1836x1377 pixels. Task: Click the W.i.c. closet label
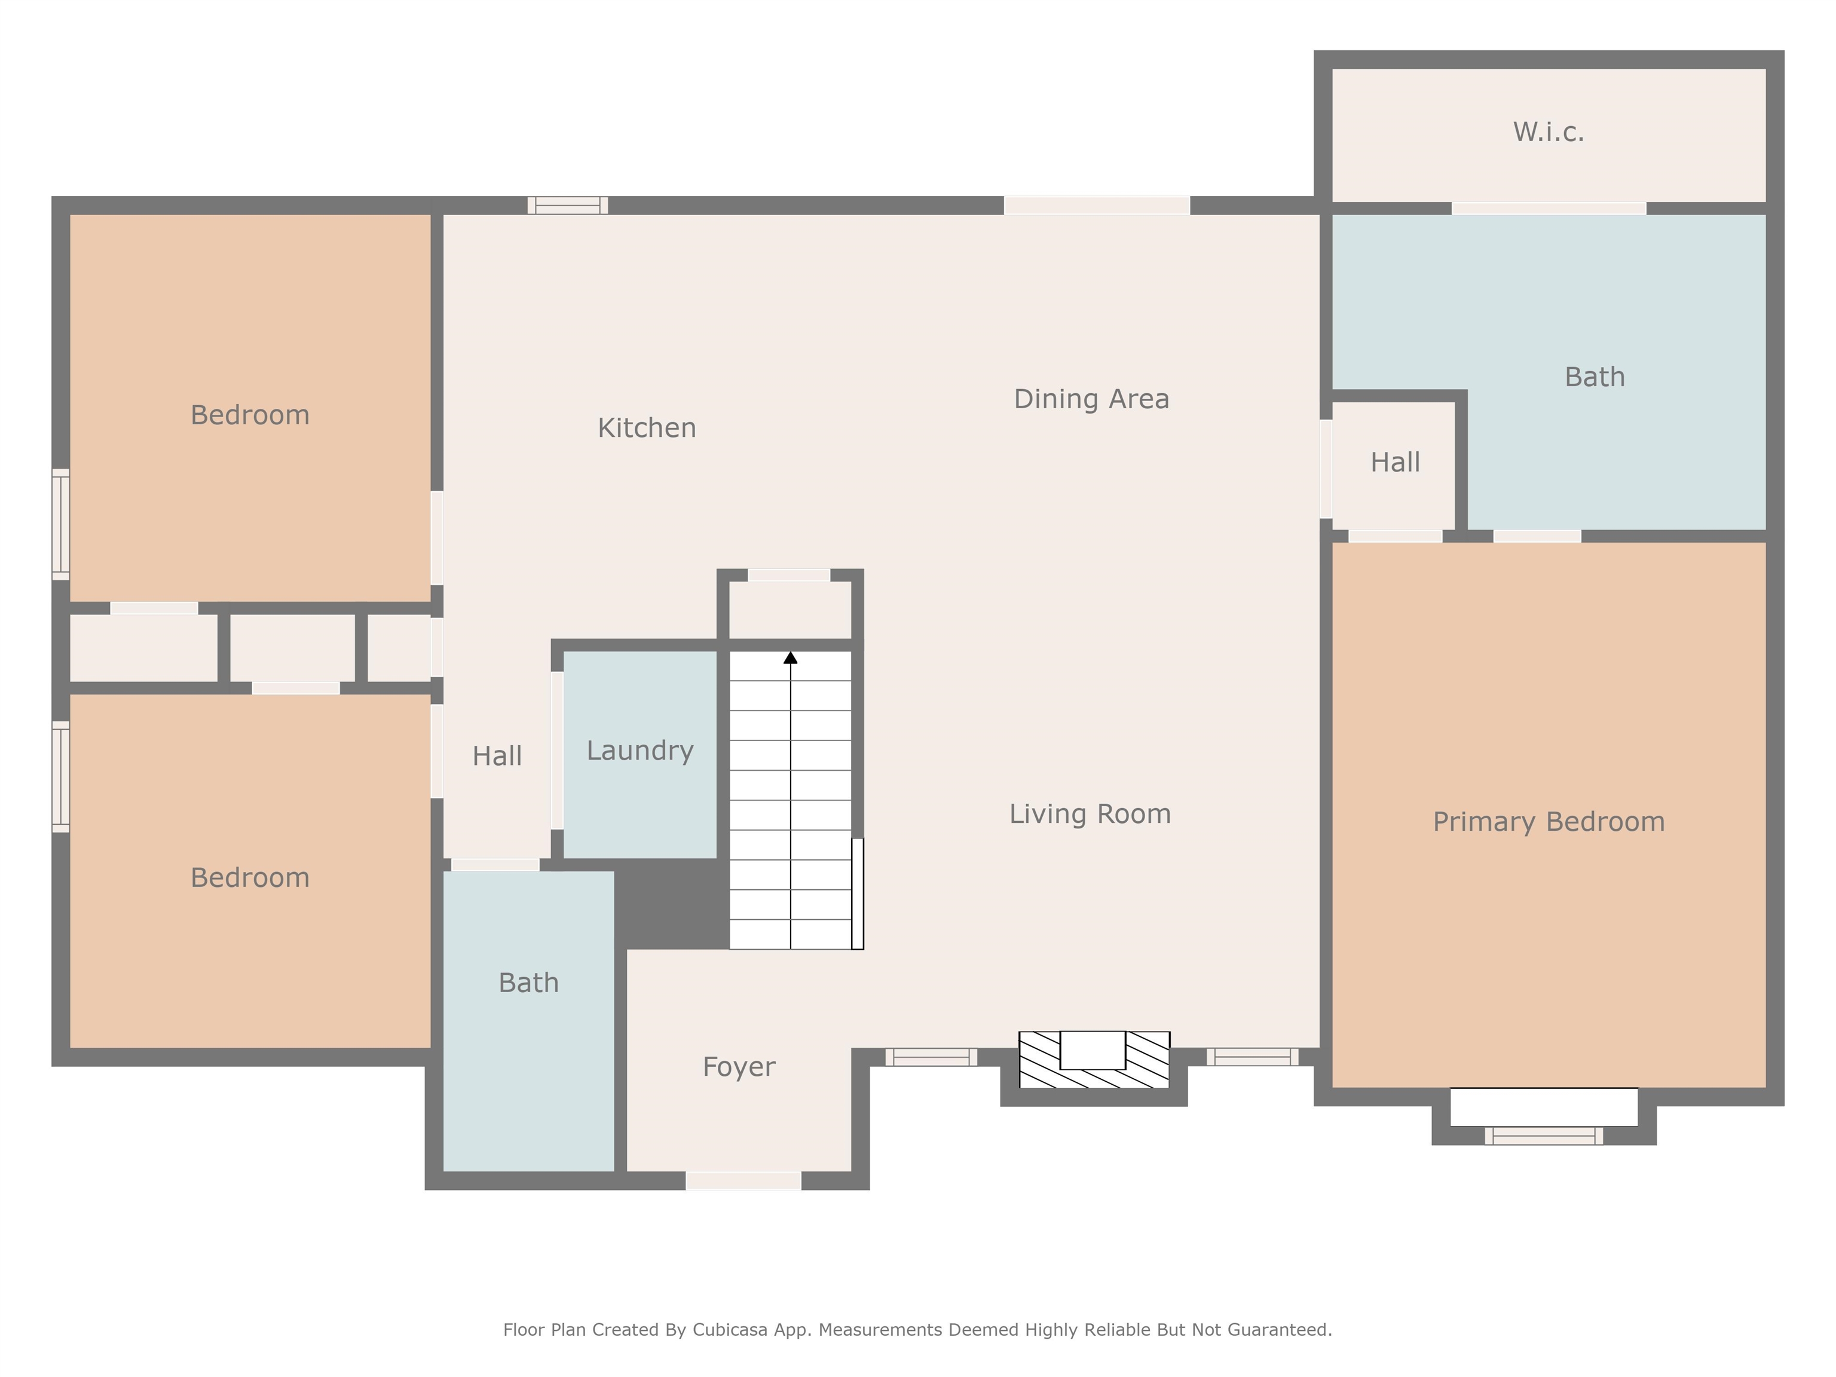click(x=1548, y=132)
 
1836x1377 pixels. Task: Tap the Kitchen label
click(x=647, y=429)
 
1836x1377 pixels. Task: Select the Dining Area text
click(x=1091, y=399)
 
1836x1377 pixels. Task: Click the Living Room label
click(x=1089, y=814)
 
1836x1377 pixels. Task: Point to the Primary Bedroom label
click(x=1548, y=822)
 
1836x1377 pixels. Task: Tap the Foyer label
click(x=738, y=1067)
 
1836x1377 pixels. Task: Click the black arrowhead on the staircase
click(x=790, y=658)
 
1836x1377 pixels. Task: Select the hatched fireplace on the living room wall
click(x=1093, y=1060)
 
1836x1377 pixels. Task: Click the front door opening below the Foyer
click(x=743, y=1180)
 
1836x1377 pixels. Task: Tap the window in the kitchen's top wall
click(x=568, y=205)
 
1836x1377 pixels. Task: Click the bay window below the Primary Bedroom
click(x=1543, y=1136)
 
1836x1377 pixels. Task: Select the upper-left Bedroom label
click(x=250, y=415)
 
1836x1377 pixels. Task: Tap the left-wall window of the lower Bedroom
click(x=60, y=776)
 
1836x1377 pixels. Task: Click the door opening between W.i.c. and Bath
click(x=1548, y=209)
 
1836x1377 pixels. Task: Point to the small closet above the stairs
click(x=790, y=610)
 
